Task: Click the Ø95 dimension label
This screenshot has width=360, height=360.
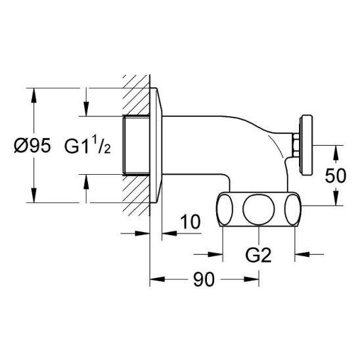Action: (32, 146)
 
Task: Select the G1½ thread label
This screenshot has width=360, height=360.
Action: (87, 145)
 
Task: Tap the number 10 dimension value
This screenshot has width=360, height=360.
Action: (191, 222)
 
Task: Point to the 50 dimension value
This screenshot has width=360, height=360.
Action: (336, 175)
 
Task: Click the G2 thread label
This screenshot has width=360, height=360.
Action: (258, 255)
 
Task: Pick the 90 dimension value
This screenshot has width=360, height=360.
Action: (204, 279)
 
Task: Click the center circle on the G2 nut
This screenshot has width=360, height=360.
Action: (259, 210)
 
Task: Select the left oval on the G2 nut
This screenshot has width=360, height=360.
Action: (225, 210)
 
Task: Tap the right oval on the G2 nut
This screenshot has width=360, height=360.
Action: (292, 210)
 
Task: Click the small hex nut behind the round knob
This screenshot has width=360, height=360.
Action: (296, 145)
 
